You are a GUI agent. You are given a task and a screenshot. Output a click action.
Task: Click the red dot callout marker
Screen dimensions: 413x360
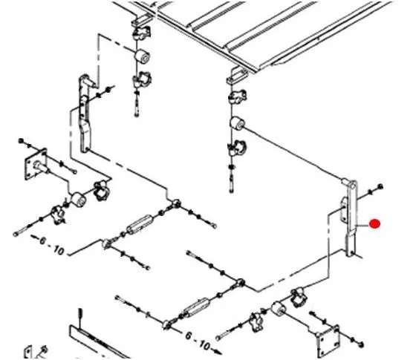click(x=374, y=224)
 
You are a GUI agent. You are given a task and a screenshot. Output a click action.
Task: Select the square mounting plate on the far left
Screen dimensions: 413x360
click(x=36, y=164)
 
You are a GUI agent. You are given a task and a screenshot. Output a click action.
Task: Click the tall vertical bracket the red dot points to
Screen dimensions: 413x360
click(x=351, y=218)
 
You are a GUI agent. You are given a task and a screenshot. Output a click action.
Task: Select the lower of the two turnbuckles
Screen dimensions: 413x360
click(x=197, y=307)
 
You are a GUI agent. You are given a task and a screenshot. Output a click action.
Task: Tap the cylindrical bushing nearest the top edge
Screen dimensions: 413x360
click(x=142, y=56)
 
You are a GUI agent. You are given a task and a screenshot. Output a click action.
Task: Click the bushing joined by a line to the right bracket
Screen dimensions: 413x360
click(x=237, y=123)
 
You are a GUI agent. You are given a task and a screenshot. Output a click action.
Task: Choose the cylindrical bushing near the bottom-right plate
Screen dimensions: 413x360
click(x=278, y=309)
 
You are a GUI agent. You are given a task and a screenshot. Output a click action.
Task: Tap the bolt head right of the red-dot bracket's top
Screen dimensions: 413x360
click(x=380, y=186)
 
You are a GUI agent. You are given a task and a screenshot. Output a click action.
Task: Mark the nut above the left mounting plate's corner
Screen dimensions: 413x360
click(x=22, y=141)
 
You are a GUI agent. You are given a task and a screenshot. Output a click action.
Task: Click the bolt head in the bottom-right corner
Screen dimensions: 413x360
click(x=361, y=344)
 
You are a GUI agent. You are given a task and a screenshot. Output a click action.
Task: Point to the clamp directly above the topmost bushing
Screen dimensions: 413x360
click(x=142, y=33)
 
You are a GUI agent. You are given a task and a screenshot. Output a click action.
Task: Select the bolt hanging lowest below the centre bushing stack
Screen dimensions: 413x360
click(x=232, y=184)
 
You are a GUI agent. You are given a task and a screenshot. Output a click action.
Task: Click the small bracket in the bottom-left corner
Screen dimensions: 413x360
click(x=35, y=352)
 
